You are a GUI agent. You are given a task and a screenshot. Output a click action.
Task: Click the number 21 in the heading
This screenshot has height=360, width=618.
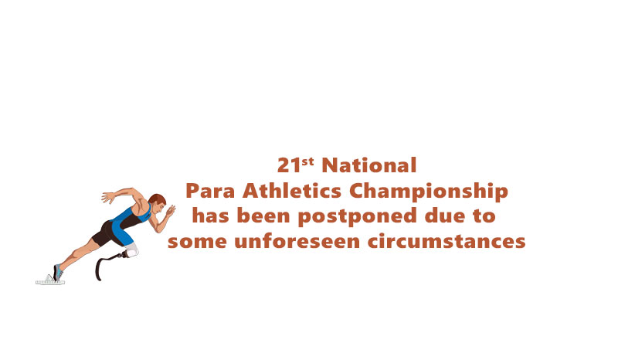click(x=287, y=166)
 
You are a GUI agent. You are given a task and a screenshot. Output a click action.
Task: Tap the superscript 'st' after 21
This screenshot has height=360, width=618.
click(x=307, y=161)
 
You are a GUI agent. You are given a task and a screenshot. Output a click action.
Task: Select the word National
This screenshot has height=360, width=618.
click(x=368, y=165)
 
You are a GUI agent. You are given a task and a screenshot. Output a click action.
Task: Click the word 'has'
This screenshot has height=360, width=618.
click(x=209, y=216)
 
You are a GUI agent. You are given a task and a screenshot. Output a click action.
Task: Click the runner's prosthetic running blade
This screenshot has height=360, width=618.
click(x=103, y=267)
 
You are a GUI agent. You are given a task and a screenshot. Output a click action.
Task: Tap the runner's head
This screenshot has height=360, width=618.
click(x=157, y=203)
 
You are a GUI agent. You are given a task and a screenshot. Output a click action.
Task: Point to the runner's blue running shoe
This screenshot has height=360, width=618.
click(x=57, y=272)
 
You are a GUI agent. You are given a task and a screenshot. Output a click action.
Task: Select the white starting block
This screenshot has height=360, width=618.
click(x=49, y=281)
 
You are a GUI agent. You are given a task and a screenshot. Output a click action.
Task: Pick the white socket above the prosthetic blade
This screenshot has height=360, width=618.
click(x=131, y=250)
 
